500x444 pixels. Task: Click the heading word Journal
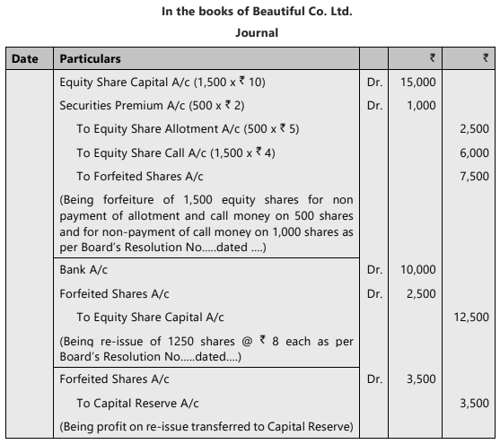pyautogui.click(x=257, y=33)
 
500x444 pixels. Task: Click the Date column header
pyautogui.click(x=25, y=59)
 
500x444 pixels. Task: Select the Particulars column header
pyautogui.click(x=90, y=59)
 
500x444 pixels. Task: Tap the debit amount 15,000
pyautogui.click(x=418, y=83)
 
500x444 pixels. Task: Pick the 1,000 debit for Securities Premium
pyautogui.click(x=422, y=107)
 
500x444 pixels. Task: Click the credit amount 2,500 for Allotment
pyautogui.click(x=473, y=129)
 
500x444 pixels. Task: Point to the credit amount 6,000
pyautogui.click(x=473, y=152)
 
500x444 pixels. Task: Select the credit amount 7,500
pyautogui.click(x=473, y=176)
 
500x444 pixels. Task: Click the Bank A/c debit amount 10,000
pyautogui.click(x=418, y=269)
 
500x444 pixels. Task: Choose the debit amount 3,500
pyautogui.click(x=421, y=379)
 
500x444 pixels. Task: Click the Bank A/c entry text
pyautogui.click(x=85, y=269)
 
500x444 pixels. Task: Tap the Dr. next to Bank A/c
pyautogui.click(x=375, y=269)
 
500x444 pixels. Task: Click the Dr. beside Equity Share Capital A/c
pyautogui.click(x=375, y=83)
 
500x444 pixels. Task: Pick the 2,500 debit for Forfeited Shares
pyautogui.click(x=421, y=293)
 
